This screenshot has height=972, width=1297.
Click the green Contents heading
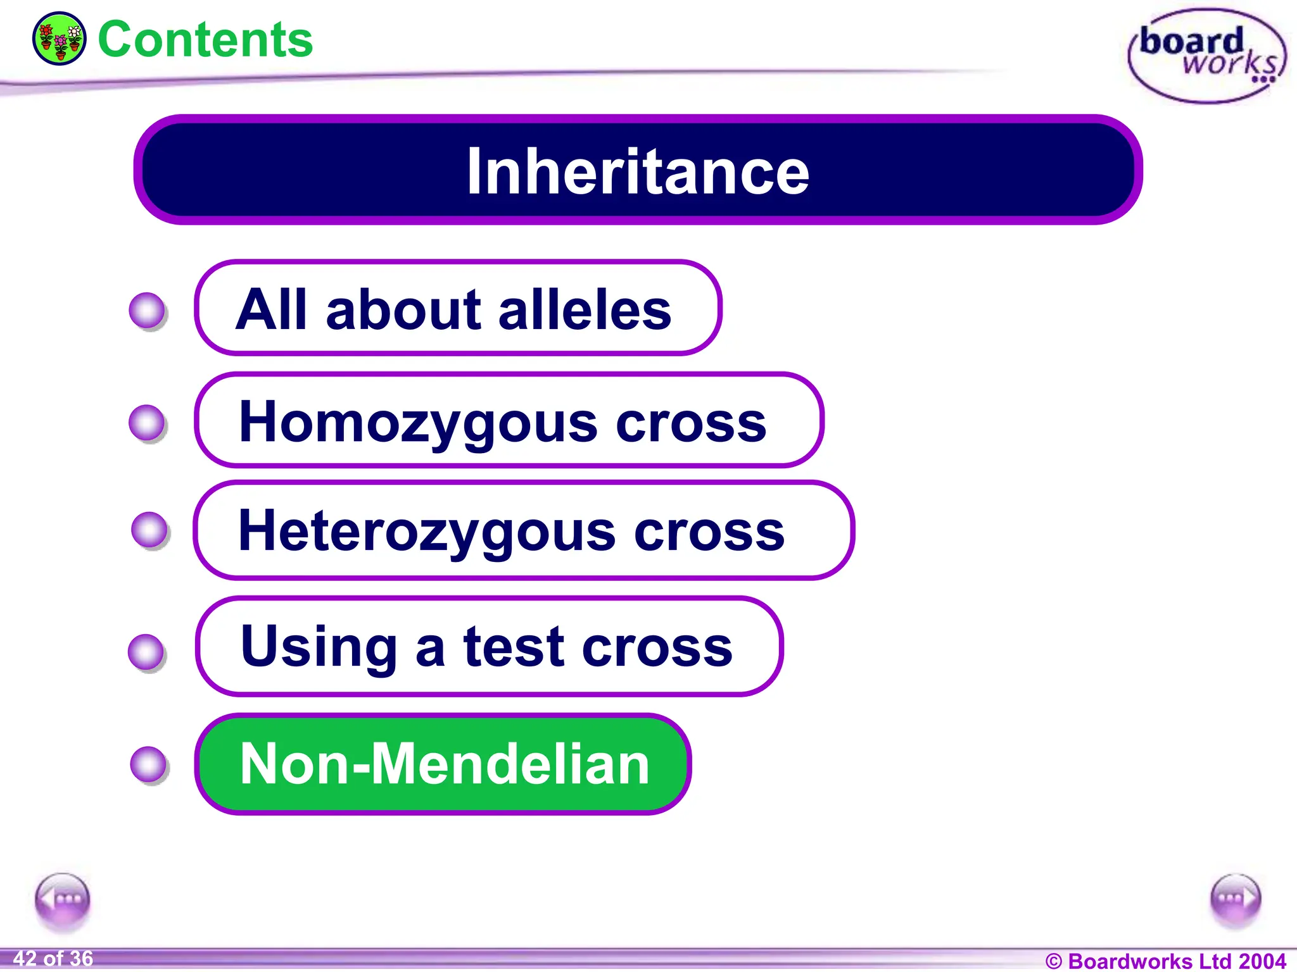[x=205, y=40]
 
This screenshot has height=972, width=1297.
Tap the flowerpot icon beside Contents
[x=59, y=39]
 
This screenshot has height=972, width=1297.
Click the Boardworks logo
[x=1207, y=56]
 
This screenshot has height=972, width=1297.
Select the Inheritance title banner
[x=638, y=170]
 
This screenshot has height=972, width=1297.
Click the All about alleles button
[x=458, y=308]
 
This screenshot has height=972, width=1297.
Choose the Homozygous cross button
[x=509, y=421]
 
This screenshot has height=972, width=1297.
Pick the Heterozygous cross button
[x=523, y=530]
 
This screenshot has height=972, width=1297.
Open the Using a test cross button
[x=489, y=646]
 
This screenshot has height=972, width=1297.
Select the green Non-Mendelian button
[x=443, y=764]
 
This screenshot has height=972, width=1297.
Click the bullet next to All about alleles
[x=147, y=311]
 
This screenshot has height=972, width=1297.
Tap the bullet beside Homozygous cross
[x=147, y=423]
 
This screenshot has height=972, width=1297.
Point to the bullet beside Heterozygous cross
[x=149, y=530]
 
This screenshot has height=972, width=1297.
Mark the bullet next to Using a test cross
[x=146, y=652]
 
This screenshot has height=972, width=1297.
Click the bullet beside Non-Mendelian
[x=149, y=764]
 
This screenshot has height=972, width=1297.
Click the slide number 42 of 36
[x=53, y=959]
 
